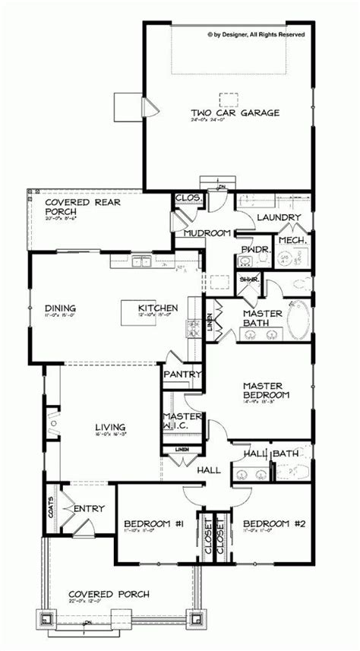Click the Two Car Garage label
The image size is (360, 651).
coord(224,112)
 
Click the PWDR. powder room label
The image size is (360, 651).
coord(251,248)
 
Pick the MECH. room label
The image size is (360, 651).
coord(291,240)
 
